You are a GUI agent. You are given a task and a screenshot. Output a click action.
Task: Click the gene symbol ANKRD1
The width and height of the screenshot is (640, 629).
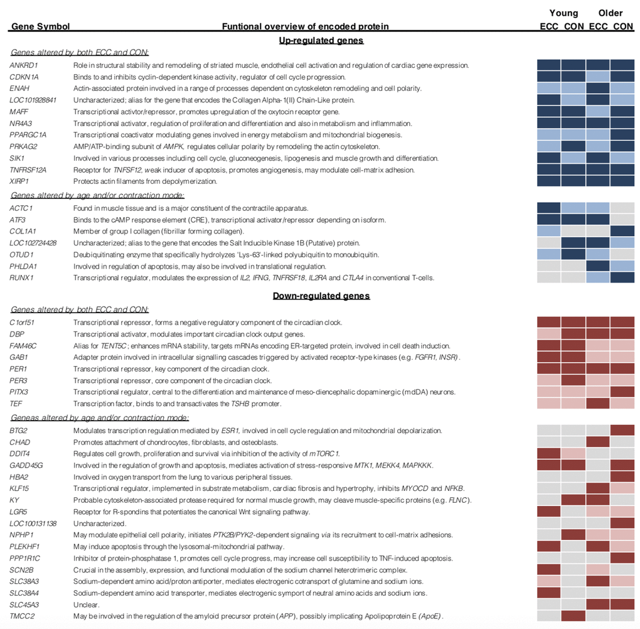(x=23, y=65)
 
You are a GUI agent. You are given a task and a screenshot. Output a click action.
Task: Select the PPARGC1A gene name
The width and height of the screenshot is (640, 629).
(x=28, y=135)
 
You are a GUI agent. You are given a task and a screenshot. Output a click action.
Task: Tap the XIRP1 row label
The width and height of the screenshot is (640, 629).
(x=20, y=181)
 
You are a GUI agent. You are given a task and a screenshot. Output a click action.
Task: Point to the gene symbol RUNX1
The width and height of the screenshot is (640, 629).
(x=21, y=277)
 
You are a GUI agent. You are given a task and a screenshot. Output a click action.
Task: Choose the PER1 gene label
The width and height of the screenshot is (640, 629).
(x=19, y=369)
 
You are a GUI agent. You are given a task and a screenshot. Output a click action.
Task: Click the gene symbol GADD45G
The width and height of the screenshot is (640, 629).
(x=26, y=465)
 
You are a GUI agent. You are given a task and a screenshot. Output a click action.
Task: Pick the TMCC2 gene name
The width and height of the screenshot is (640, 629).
(x=21, y=616)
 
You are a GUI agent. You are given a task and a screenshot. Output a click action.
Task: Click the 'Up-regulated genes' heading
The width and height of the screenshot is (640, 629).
(x=321, y=40)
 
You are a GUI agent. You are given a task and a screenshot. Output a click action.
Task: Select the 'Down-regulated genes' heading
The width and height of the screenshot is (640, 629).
(x=321, y=296)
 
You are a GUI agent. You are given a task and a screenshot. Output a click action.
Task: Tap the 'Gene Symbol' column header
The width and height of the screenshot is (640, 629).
(x=40, y=26)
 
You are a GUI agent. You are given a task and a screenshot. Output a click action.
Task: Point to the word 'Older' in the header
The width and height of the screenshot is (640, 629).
(x=610, y=13)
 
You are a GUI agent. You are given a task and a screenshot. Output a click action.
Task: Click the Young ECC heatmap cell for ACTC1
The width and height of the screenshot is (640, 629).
(x=549, y=208)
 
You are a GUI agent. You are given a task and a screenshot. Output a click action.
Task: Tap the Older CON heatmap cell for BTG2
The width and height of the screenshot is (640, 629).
(x=622, y=430)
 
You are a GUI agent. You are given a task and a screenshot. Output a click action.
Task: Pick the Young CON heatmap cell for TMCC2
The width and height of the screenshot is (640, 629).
(x=573, y=616)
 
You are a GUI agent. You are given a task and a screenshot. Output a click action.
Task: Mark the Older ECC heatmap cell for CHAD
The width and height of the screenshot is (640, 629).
(x=597, y=442)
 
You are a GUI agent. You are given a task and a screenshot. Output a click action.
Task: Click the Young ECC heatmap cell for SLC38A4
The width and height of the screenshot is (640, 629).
(x=549, y=593)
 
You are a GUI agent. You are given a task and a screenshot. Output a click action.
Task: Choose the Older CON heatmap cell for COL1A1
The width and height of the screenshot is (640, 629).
(x=622, y=231)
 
